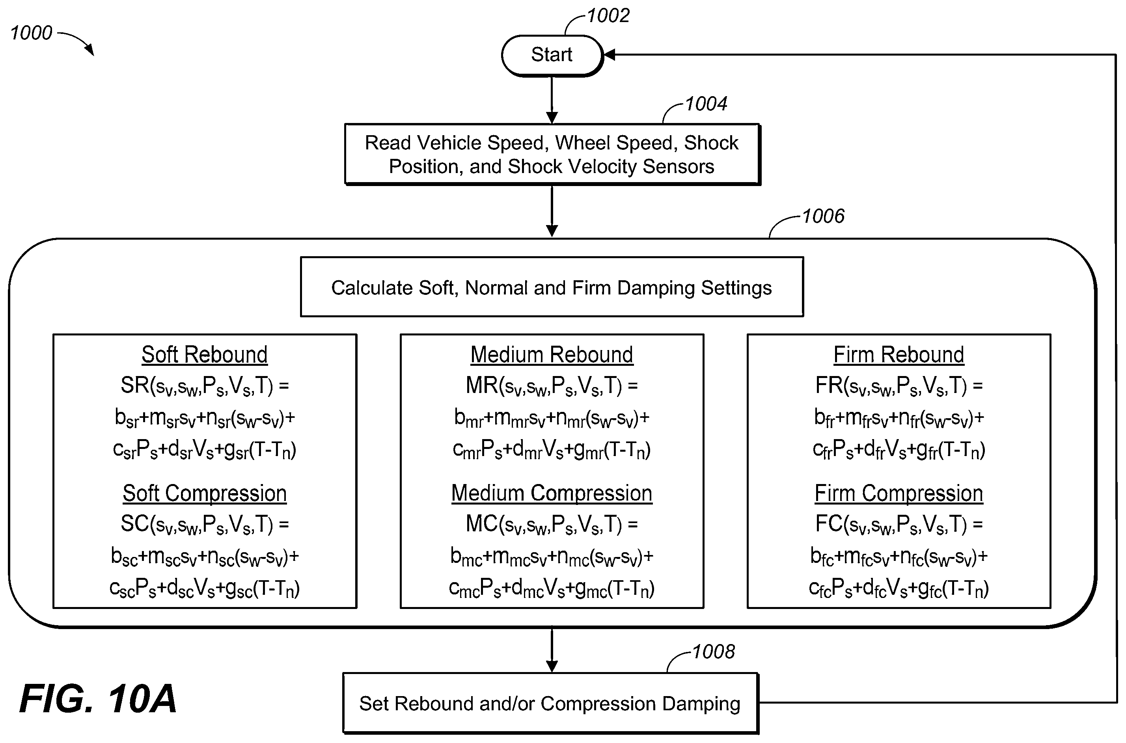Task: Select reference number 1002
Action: [608, 16]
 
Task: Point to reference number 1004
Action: [706, 104]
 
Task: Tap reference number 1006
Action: [823, 216]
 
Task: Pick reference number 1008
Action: [714, 652]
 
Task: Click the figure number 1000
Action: [31, 33]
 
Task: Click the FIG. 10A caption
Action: [98, 699]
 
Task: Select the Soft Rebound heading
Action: [205, 355]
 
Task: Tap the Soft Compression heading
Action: [205, 493]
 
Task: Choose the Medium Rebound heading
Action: [552, 355]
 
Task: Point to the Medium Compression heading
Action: [552, 493]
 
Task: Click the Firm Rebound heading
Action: [899, 355]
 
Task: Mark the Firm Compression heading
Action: [899, 493]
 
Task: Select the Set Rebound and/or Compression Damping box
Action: [550, 704]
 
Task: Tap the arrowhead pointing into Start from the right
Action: [610, 55]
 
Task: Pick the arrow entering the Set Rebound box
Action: [552, 650]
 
